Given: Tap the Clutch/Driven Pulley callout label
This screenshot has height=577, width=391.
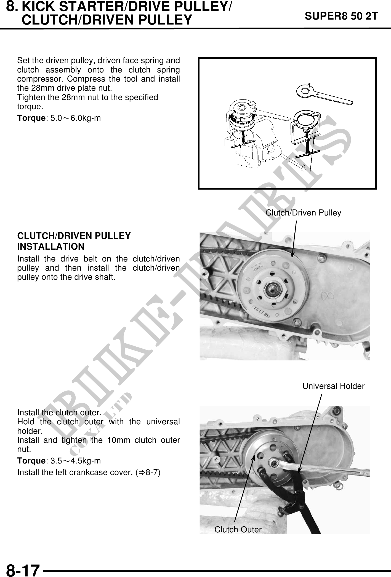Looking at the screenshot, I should [303, 213].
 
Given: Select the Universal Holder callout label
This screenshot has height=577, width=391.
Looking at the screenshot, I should [333, 386].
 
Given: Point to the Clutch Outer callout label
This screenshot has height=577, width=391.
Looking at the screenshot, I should [238, 529].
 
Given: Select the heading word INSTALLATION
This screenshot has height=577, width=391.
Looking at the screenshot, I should [51, 246].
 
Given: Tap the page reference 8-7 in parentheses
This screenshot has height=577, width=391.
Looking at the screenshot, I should [151, 472].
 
